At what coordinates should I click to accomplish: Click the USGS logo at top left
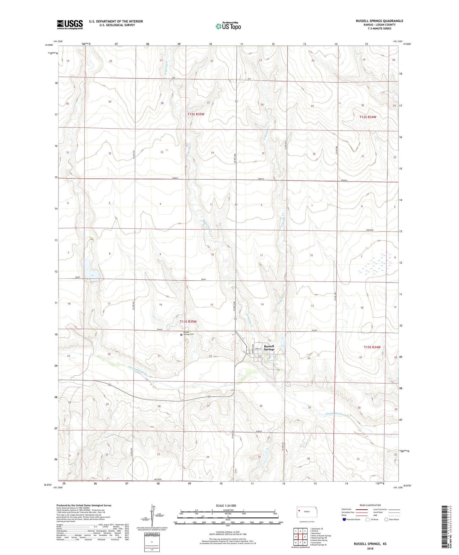click(x=70, y=24)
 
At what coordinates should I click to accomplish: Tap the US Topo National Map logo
click(x=228, y=26)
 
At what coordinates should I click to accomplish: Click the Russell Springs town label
click(x=269, y=347)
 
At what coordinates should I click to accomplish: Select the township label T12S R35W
click(x=196, y=114)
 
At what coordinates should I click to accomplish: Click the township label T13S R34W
click(x=372, y=347)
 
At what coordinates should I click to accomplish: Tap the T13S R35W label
click(x=188, y=322)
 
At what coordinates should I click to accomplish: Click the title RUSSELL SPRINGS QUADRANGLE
click(x=379, y=21)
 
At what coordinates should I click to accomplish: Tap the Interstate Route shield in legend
click(x=344, y=519)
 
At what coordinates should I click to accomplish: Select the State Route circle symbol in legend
click(x=386, y=519)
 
